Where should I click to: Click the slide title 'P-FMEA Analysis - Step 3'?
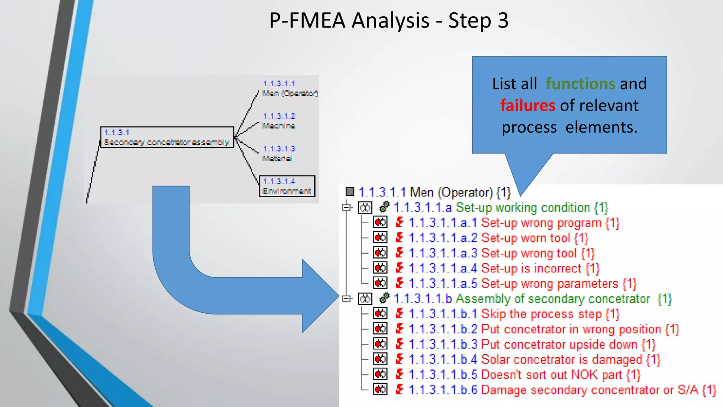(x=389, y=20)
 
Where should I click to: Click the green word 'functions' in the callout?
(x=580, y=84)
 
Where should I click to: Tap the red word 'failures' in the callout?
(x=527, y=106)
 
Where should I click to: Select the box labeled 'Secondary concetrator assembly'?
(x=167, y=137)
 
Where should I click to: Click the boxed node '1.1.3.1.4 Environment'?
(x=287, y=186)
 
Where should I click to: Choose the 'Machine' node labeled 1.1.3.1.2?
(x=279, y=121)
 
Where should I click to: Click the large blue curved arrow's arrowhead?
(x=319, y=296)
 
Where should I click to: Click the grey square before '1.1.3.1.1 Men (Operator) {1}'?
(x=349, y=191)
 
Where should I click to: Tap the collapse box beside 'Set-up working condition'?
(x=346, y=207)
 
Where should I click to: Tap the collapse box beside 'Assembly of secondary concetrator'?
(x=346, y=299)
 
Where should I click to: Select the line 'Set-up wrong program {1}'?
(x=550, y=223)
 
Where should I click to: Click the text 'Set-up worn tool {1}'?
(x=534, y=238)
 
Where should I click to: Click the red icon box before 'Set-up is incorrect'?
(x=380, y=268)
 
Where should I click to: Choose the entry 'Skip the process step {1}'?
(x=550, y=314)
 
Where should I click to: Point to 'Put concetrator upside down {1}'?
(x=568, y=344)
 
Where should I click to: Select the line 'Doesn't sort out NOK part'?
(x=560, y=375)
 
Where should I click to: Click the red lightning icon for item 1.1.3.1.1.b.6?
(x=400, y=389)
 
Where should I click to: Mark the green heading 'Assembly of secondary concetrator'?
(x=552, y=299)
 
